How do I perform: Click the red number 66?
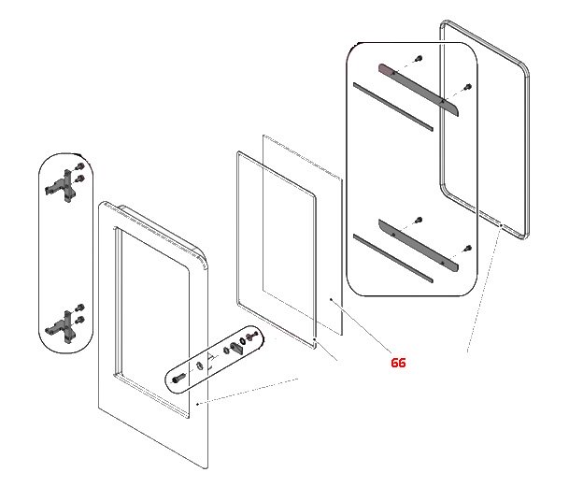tap(398, 363)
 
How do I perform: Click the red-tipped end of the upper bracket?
tap(384, 69)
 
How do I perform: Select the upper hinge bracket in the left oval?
tap(64, 184)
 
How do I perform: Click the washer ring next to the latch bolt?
tap(200, 365)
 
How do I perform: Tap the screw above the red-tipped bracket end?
tap(418, 59)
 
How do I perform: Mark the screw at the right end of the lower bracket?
tap(467, 249)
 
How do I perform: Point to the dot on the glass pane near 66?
tap(332, 299)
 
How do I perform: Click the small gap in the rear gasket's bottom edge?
tap(502, 225)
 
